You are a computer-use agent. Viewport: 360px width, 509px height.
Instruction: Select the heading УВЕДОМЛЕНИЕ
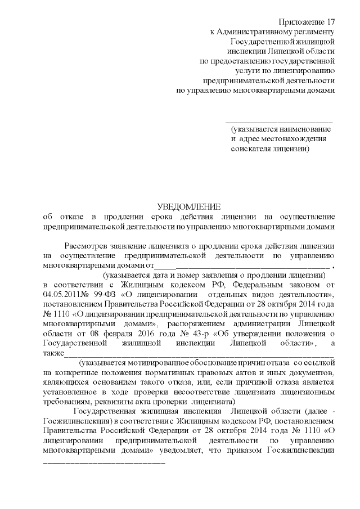click(x=189, y=206)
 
